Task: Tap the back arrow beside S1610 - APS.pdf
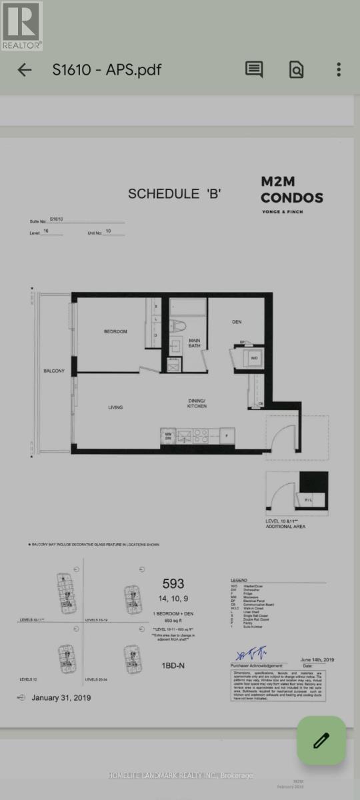[25, 69]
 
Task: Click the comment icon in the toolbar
[253, 69]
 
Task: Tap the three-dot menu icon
[339, 69]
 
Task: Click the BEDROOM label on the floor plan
[115, 331]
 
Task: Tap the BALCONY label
[54, 371]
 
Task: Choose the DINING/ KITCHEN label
[196, 403]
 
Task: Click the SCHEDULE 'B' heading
[174, 194]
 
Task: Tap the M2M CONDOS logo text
[292, 190]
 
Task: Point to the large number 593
[173, 584]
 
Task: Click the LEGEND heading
[239, 581]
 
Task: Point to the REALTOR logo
[21, 25]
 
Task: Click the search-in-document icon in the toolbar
[296, 69]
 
